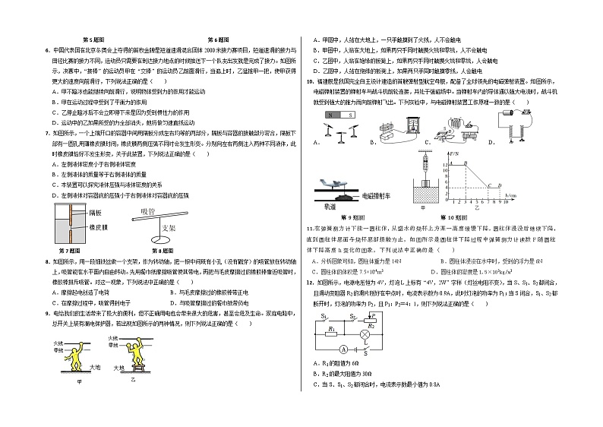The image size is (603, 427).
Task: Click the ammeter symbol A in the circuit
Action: (344, 349)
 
